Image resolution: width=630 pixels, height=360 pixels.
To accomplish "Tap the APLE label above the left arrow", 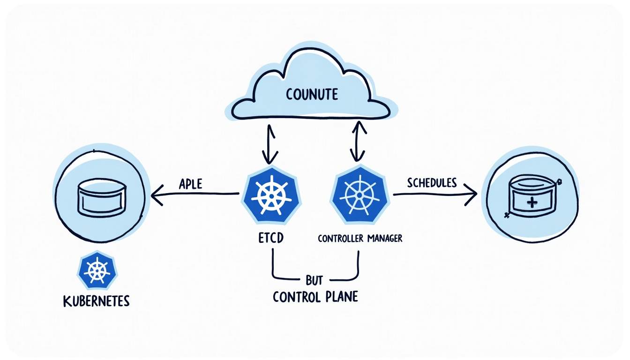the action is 191,184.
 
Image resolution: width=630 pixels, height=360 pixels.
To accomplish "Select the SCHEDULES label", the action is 432,183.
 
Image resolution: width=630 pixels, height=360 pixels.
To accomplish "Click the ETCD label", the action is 271,238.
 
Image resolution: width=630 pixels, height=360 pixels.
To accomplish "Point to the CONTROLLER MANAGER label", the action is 360,239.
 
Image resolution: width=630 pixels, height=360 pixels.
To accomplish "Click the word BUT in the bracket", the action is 314,280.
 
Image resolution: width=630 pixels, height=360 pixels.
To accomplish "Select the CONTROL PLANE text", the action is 315,297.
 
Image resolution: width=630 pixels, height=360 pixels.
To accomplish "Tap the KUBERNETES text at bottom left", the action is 96,301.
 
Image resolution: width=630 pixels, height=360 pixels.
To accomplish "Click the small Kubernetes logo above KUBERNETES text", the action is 97,270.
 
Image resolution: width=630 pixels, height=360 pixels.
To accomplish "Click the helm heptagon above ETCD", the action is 271,195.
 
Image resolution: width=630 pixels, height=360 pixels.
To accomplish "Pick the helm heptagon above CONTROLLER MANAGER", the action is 360,195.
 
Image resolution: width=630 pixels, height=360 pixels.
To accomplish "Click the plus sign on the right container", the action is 532,202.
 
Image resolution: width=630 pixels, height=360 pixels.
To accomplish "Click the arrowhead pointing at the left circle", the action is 157,195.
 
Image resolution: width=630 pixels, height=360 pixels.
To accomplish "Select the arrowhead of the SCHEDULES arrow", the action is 471,194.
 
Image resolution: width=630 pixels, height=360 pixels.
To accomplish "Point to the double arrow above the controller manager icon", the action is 358,141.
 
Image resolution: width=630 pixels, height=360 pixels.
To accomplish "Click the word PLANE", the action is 342,297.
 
